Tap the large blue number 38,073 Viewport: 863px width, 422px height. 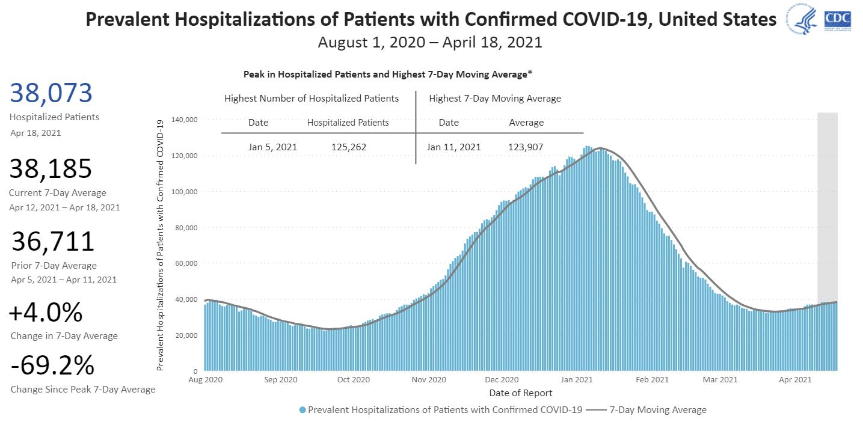(51, 94)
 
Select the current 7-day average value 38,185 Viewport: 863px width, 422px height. (51, 170)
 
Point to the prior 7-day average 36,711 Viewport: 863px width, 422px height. (54, 242)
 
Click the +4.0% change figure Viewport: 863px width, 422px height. (46, 313)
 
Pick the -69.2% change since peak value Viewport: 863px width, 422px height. (52, 365)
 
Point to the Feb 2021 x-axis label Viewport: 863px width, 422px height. (653, 380)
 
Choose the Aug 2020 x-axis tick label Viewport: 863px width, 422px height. (205, 380)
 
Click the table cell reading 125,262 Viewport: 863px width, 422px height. (349, 147)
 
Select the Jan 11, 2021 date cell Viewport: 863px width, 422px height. (454, 147)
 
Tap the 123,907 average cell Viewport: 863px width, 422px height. (527, 147)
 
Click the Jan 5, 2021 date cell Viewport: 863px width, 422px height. (272, 147)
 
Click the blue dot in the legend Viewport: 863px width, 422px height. (303, 410)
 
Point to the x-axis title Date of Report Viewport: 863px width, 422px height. (520, 393)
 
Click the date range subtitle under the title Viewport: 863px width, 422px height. (430, 43)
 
